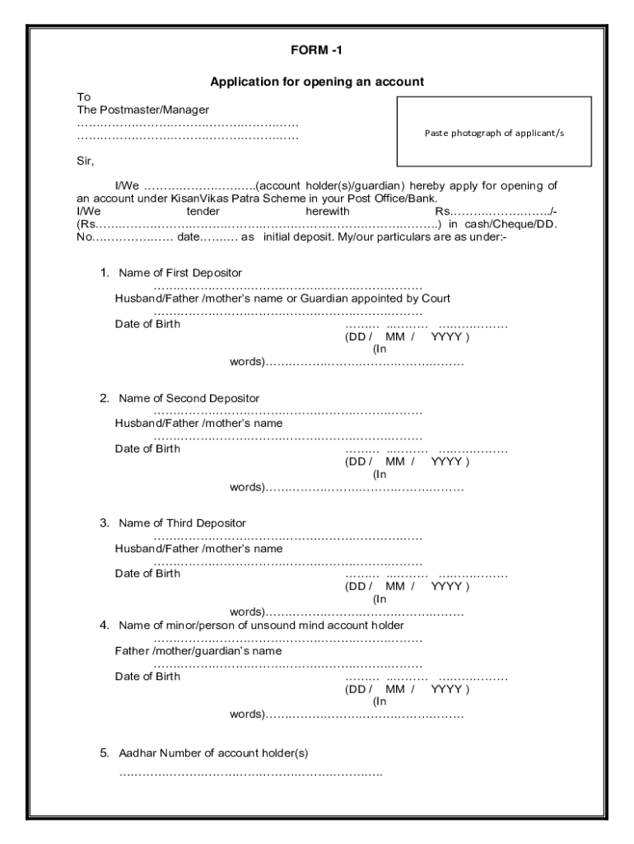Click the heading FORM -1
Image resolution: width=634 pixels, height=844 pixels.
316,51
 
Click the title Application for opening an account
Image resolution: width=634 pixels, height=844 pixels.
317,82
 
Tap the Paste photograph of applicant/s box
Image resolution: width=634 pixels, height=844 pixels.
494,132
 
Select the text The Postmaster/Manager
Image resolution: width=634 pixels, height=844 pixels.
143,110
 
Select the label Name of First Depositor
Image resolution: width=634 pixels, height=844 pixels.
180,273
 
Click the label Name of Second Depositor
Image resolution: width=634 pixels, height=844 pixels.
189,398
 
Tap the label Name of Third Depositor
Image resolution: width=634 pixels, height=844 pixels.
182,523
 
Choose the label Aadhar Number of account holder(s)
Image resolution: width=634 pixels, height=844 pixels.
213,753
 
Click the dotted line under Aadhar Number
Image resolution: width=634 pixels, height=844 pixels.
250,774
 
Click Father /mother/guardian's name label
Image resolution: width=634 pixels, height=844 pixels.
198,651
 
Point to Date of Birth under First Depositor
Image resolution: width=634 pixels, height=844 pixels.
147,324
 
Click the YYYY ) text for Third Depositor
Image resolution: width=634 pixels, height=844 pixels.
450,587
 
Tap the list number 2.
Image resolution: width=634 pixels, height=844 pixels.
105,398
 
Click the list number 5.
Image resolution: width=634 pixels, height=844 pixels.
105,753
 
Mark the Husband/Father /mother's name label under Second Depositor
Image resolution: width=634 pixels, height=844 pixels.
198,424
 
